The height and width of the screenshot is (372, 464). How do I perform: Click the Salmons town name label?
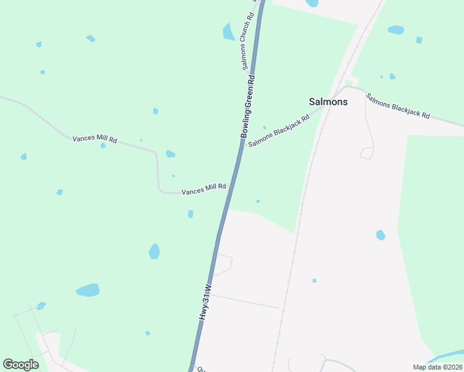(328, 102)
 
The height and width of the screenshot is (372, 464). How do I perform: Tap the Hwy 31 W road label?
(205, 302)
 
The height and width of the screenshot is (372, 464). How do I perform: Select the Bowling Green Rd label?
(248, 107)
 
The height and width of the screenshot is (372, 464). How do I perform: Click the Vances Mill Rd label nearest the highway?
(203, 189)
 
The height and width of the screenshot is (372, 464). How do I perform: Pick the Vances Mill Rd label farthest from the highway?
(95, 139)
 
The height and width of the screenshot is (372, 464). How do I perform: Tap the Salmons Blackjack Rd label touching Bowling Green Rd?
(279, 131)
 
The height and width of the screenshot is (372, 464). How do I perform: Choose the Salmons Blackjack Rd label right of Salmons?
(398, 106)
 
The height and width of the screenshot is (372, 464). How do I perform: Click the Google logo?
(20, 365)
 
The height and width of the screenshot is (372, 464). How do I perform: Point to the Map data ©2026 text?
(437, 367)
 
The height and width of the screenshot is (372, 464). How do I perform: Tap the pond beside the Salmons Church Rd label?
(228, 32)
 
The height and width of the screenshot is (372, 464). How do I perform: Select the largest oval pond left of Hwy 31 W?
(87, 290)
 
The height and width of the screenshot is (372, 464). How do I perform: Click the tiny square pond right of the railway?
(315, 280)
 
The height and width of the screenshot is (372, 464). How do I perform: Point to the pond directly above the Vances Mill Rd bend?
(170, 154)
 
